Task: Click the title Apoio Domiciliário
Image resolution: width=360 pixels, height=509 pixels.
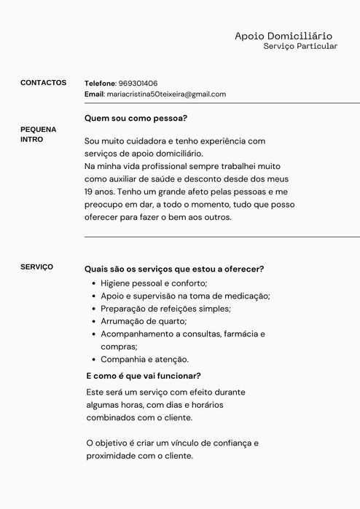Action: (x=283, y=36)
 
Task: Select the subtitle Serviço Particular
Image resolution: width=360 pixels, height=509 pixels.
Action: (x=300, y=47)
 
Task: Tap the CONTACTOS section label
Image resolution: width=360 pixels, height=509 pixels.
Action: (x=43, y=83)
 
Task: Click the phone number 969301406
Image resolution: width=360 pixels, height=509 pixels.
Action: (x=138, y=84)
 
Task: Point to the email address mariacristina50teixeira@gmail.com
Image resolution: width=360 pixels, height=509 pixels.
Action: (x=166, y=95)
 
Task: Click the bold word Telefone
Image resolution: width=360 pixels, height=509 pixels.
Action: (x=100, y=84)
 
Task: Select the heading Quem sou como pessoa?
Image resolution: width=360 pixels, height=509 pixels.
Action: (x=136, y=117)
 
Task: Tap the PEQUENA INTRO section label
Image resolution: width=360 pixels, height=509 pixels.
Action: (x=38, y=134)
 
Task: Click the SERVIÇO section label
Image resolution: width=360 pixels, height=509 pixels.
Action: (x=36, y=267)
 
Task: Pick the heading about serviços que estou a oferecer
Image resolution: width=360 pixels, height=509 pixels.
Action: (x=174, y=269)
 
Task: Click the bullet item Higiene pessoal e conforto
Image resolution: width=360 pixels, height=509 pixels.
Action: (x=154, y=283)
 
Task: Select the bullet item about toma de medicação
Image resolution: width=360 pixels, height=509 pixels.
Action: (x=185, y=296)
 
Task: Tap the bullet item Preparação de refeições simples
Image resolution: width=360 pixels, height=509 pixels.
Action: (x=165, y=308)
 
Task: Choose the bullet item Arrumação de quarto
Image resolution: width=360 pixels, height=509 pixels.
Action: (x=144, y=321)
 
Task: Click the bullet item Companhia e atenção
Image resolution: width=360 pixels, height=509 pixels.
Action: (x=144, y=359)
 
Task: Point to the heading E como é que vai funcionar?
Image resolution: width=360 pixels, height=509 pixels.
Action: (x=144, y=376)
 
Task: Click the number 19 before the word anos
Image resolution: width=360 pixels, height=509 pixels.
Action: (x=89, y=192)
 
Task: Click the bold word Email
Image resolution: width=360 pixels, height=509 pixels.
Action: (x=95, y=95)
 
